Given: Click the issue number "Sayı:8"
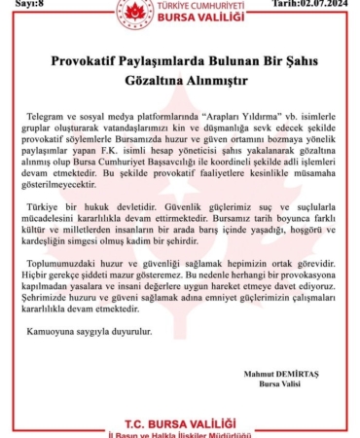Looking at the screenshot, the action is pyautogui.click(x=19, y=4).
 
